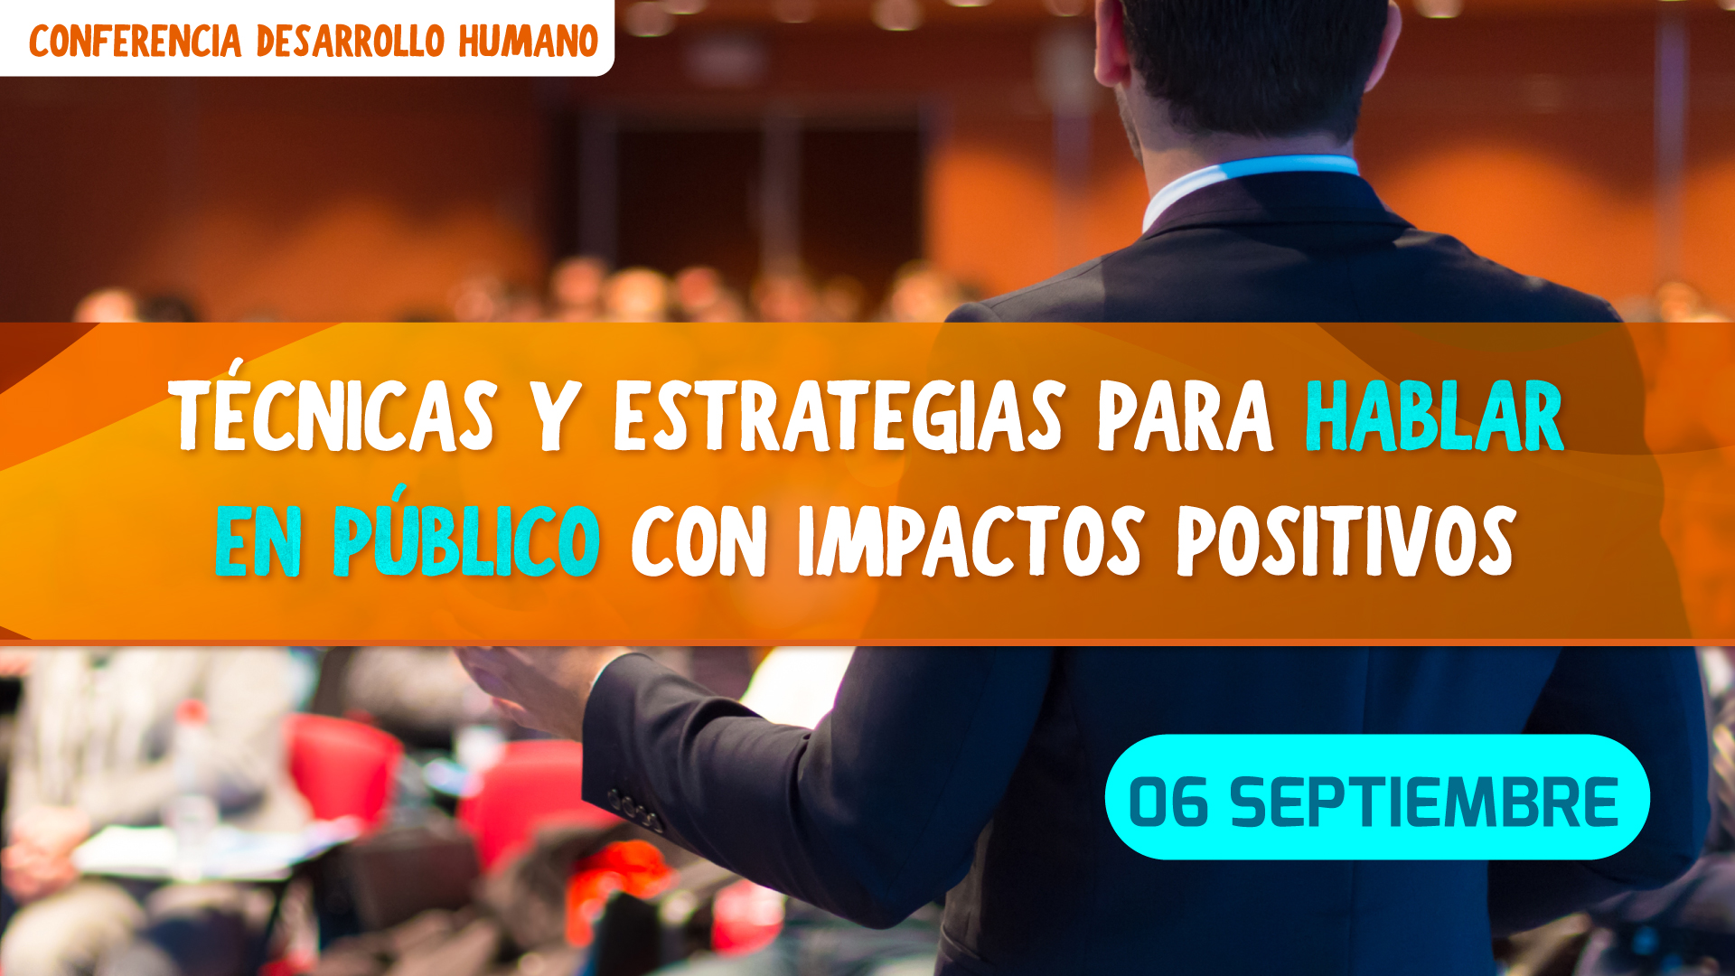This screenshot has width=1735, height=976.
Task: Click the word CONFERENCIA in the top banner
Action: (136, 42)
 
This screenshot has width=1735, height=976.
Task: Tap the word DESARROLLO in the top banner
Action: (351, 42)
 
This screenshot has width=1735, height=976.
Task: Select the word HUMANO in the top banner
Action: (529, 42)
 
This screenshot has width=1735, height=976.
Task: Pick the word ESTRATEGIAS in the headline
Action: (839, 416)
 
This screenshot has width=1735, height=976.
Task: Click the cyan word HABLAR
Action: (1435, 416)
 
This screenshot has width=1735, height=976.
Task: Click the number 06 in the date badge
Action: (1168, 802)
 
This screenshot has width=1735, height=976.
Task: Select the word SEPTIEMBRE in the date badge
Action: (1424, 802)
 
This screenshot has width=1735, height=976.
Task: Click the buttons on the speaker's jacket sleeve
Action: (636, 811)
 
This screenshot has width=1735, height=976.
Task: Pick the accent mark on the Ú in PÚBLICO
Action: (397, 493)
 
